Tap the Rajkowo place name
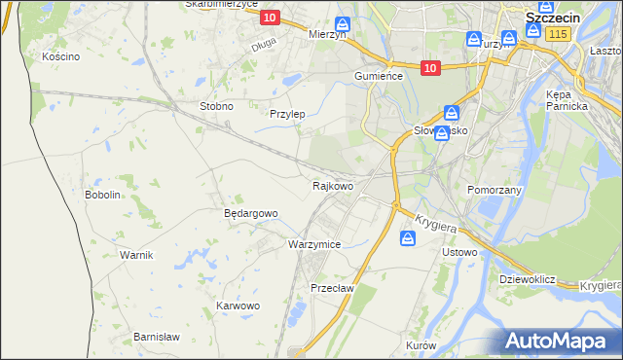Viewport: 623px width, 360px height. click(332, 185)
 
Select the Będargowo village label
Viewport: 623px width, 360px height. click(251, 213)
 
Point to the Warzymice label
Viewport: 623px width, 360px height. click(314, 244)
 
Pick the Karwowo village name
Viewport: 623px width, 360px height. click(238, 306)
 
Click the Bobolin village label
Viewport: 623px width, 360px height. click(102, 195)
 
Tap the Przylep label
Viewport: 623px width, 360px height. click(287, 114)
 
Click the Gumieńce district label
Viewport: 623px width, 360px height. click(378, 76)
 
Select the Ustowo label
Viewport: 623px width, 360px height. click(459, 252)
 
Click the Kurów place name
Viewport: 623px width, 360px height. click(420, 345)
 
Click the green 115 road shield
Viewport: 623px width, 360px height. click(557, 34)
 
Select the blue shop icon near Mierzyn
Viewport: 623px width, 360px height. click(342, 24)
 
